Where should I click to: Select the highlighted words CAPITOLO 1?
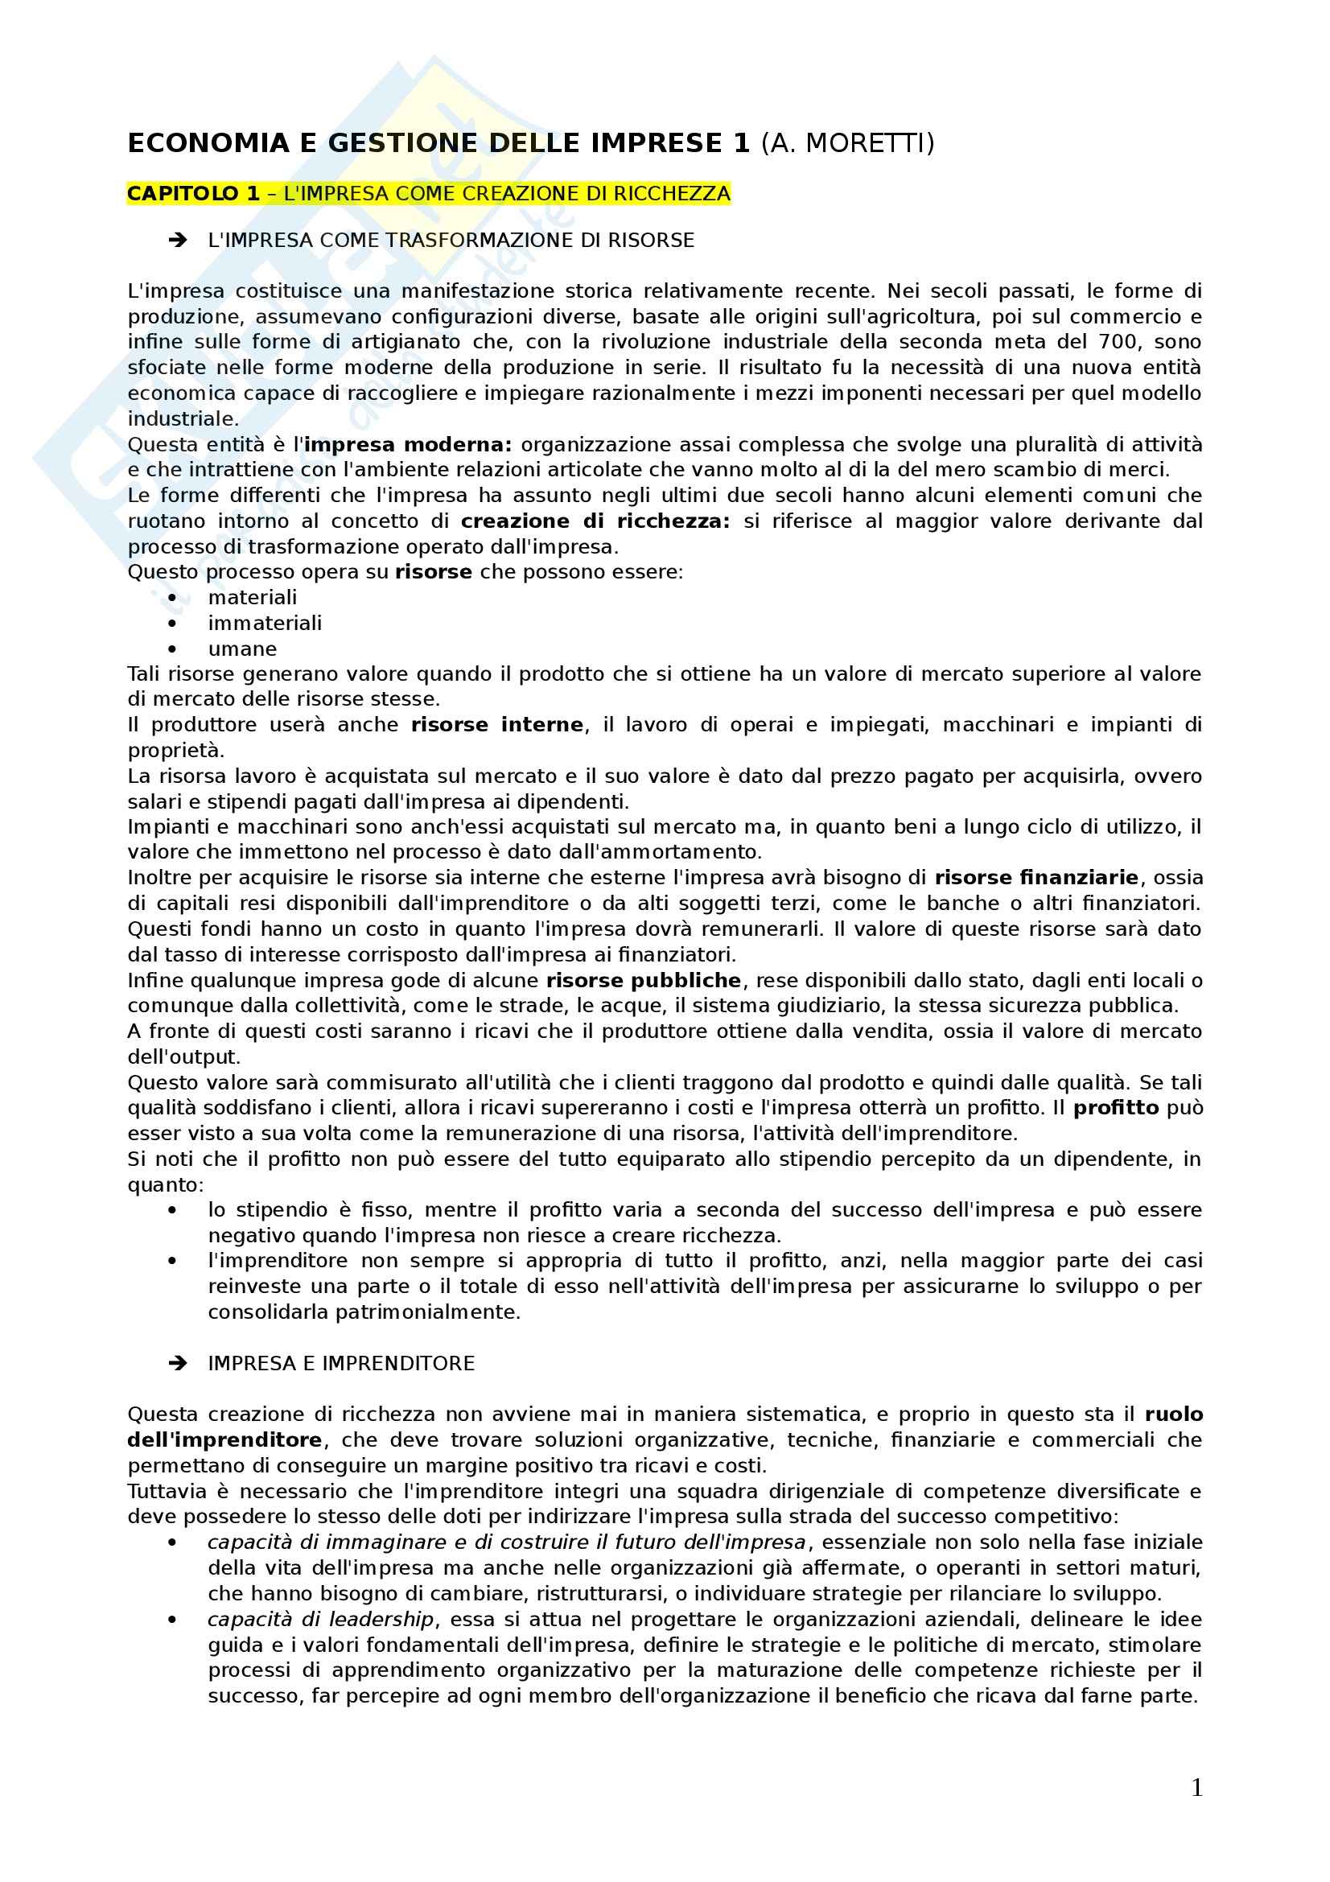[193, 193]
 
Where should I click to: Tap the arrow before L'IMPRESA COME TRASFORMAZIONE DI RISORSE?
[177, 240]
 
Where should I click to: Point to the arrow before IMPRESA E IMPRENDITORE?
[177, 1363]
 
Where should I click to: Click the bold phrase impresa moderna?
[408, 445]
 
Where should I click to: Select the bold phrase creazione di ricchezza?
[595, 521]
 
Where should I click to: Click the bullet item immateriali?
[265, 623]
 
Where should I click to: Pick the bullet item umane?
[242, 649]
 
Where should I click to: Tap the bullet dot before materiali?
[172, 599]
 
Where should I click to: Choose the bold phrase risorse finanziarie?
[1036, 878]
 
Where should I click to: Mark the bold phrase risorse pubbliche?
[644, 980]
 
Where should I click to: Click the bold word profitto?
[1116, 1108]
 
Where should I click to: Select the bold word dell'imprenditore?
[224, 1440]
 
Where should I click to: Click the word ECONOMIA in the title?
[208, 143]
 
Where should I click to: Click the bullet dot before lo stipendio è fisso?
[172, 1211]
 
